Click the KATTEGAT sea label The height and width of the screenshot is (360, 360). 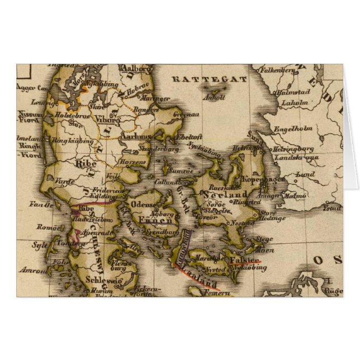pos(210,79)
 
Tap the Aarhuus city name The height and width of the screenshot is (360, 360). pos(136,136)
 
